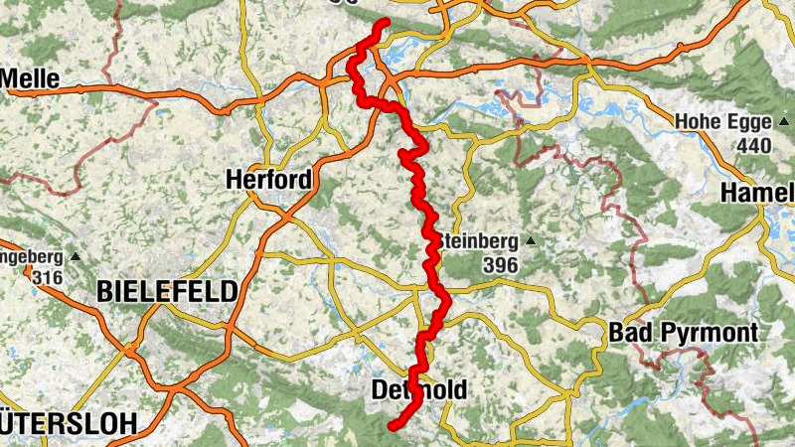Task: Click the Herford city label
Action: (x=268, y=180)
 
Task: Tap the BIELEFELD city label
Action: (x=167, y=291)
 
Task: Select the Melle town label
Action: (x=31, y=78)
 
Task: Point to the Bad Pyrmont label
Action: (x=685, y=332)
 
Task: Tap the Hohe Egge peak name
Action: (x=722, y=122)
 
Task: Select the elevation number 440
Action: (x=754, y=145)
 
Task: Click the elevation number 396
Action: (x=499, y=265)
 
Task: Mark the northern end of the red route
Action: (x=385, y=22)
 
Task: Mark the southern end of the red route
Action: (x=393, y=427)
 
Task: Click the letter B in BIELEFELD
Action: (x=105, y=291)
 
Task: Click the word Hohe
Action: (x=696, y=122)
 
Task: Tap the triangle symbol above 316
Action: (x=77, y=256)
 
